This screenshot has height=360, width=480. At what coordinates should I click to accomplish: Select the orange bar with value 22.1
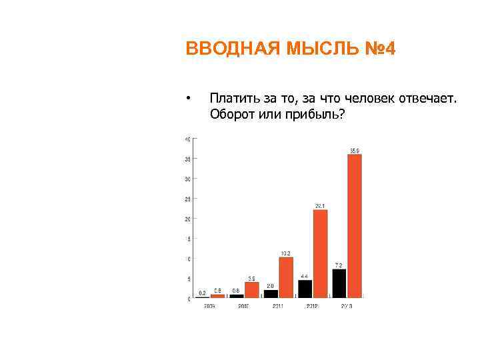[x=320, y=253]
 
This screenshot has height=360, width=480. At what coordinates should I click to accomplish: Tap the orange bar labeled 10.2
[x=285, y=277]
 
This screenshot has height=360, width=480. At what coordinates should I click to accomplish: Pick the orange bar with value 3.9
[x=251, y=289]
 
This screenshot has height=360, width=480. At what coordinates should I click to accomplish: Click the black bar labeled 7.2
[x=339, y=283]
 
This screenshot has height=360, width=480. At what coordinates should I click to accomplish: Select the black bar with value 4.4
[x=305, y=288]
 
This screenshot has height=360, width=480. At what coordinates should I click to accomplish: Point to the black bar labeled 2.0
[x=271, y=293]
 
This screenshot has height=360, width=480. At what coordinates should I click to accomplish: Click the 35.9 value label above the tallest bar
[x=355, y=151]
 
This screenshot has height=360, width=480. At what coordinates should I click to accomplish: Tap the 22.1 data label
[x=320, y=205]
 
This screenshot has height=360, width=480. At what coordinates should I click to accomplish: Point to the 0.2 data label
[x=202, y=292]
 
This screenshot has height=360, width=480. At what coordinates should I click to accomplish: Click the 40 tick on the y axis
[x=187, y=139]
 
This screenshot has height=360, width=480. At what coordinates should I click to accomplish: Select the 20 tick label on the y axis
[x=187, y=219]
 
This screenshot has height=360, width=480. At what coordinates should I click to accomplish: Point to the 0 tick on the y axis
[x=189, y=299]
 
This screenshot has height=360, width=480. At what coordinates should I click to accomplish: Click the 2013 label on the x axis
[x=347, y=305]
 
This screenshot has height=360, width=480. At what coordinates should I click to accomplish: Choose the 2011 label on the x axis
[x=278, y=305]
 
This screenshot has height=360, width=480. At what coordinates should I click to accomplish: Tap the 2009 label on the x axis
[x=209, y=305]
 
